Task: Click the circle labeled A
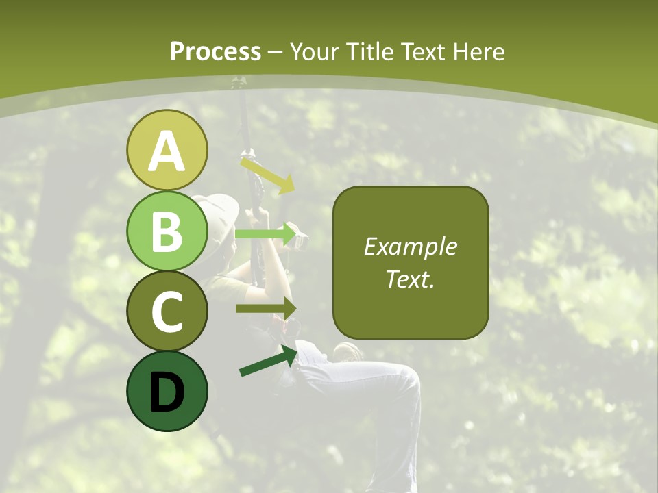click(x=167, y=150)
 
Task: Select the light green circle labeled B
click(x=167, y=231)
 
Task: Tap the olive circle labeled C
click(x=167, y=311)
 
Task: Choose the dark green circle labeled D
click(x=167, y=391)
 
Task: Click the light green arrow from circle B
click(x=265, y=234)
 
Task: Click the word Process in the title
click(x=215, y=51)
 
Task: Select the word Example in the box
click(x=410, y=246)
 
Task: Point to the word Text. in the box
click(x=410, y=279)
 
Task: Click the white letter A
click(x=167, y=151)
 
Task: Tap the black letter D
click(x=167, y=392)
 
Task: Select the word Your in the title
click(x=313, y=51)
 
